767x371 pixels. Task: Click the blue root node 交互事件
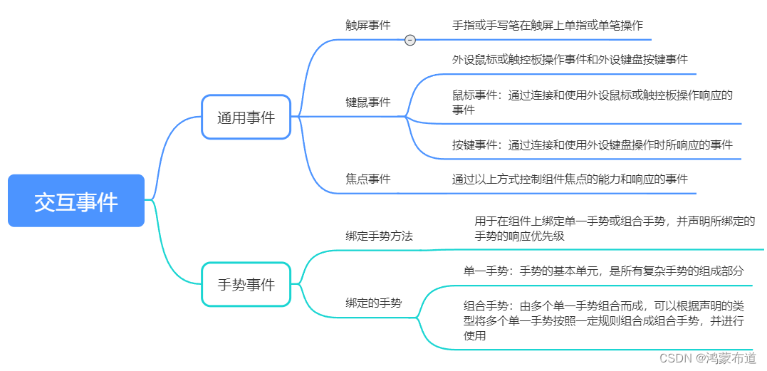click(76, 202)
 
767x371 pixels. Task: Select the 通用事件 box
click(246, 117)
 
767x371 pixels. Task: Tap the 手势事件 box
click(246, 285)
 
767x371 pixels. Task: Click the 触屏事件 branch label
click(368, 25)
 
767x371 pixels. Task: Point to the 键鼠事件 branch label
click(368, 103)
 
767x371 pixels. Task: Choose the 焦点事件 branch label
click(368, 179)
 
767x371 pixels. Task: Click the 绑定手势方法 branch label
click(379, 236)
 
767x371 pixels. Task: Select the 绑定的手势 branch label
click(373, 303)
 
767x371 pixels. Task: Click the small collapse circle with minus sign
click(410, 41)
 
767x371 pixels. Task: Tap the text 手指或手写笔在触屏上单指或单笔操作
click(548, 25)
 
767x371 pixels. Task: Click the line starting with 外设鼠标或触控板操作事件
click(570, 59)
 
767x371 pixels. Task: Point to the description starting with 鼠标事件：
click(593, 102)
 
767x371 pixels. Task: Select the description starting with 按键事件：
click(593, 145)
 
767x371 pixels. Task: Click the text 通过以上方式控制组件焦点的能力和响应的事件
click(570, 179)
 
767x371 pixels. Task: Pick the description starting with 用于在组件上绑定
click(615, 229)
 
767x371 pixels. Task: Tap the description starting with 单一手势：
click(603, 271)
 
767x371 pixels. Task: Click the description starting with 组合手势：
click(604, 320)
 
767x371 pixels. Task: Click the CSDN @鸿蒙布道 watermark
click(708, 357)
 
